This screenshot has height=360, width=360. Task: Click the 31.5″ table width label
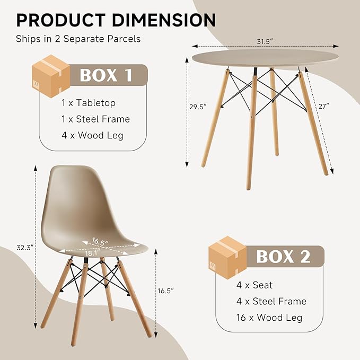coord(265,42)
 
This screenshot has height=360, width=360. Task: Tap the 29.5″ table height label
coord(198,107)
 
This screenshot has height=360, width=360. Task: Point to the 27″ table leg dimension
coord(324,106)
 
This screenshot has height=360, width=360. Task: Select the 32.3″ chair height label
coord(25,248)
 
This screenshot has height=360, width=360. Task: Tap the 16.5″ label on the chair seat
coord(100,242)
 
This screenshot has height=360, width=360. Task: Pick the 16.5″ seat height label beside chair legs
coord(165,291)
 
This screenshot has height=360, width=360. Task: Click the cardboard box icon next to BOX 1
coord(51,76)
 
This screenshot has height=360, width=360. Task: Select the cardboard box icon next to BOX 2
coord(227,257)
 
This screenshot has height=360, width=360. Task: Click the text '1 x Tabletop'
coord(89,103)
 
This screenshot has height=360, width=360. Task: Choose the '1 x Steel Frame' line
coord(95,119)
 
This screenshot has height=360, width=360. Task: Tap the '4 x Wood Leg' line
coord(92,135)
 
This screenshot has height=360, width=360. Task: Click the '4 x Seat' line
coord(254,285)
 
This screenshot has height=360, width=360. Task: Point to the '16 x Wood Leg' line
coord(269,318)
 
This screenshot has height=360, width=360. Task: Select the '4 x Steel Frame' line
coord(271,302)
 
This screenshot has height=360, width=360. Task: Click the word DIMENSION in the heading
coord(164,20)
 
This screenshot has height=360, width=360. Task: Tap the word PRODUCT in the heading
coord(61,20)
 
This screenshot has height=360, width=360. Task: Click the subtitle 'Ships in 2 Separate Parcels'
coord(78,39)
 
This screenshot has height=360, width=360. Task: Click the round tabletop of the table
coord(265,58)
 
